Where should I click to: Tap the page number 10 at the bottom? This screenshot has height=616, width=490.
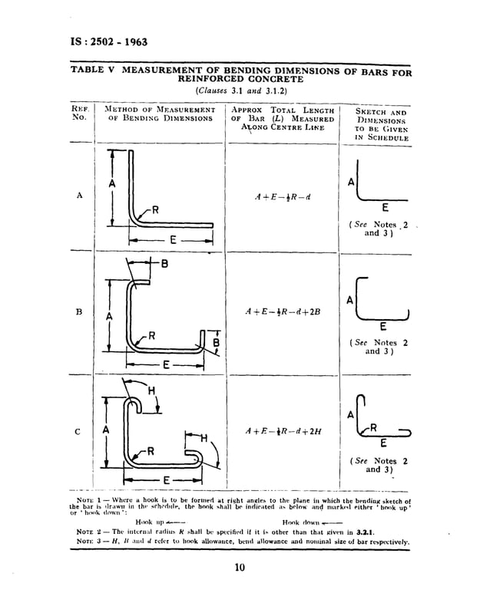coord(240,568)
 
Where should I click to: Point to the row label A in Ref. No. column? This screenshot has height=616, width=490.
coord(80,196)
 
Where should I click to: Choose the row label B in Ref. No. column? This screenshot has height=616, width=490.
coord(80,313)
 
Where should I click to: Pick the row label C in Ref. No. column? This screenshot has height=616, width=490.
coord(79,431)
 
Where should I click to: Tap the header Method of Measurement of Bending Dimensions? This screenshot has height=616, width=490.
coord(157,114)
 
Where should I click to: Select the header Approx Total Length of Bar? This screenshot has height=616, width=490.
coord(283,120)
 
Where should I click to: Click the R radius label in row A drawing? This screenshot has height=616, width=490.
coord(154,209)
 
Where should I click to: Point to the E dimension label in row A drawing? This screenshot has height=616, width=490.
coord(174,240)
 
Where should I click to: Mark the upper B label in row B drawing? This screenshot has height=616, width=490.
coord(165,265)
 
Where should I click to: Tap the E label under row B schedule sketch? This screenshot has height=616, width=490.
coord(383,326)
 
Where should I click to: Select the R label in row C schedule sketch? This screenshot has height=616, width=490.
coord(373,427)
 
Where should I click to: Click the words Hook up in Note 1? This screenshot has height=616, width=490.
coord(147,521)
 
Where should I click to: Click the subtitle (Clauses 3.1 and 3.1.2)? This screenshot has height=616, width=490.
coord(241,90)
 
